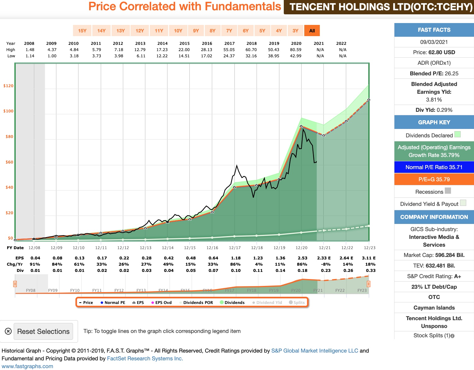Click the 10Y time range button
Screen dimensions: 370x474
[x=178, y=31]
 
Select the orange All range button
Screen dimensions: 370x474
[x=312, y=31]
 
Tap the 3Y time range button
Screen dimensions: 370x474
[x=295, y=31]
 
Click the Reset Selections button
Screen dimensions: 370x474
[x=43, y=331]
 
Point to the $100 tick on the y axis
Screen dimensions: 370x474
[x=8, y=111]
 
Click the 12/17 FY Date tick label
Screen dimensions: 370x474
[x=235, y=248]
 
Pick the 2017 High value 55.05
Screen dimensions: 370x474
[x=229, y=50]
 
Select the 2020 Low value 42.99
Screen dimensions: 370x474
[x=296, y=56]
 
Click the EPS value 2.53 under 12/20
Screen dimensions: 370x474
[x=302, y=258]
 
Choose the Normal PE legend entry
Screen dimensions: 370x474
[x=113, y=303]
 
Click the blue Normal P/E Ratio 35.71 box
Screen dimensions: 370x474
[x=434, y=167]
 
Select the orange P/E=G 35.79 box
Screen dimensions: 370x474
[x=434, y=179]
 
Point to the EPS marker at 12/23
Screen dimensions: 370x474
[x=369, y=100]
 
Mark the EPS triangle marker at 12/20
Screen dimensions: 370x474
[x=301, y=126]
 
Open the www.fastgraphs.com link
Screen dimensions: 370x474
[x=27, y=366]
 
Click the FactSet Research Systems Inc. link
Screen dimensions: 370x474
[x=145, y=358]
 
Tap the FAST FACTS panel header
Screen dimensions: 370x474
[x=434, y=30]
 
